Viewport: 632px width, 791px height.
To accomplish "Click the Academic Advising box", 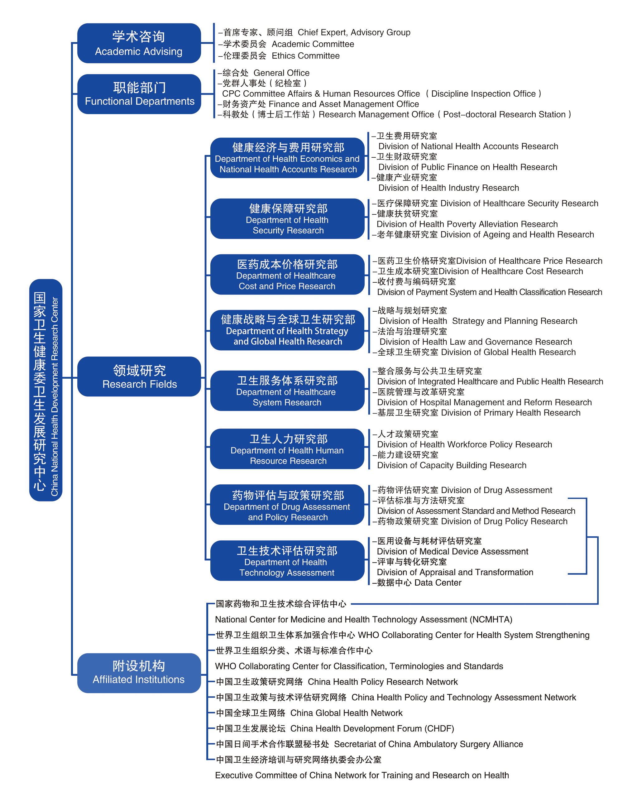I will click(139, 43).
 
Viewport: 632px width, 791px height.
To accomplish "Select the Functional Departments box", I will click(139, 94).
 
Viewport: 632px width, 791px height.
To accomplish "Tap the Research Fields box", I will click(139, 376).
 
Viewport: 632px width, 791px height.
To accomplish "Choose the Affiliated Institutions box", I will click(139, 673).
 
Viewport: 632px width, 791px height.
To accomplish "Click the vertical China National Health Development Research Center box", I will click(45, 390).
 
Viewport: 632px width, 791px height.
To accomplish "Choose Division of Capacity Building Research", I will click(451, 465).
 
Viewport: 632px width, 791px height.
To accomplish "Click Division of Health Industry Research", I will click(448, 188).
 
